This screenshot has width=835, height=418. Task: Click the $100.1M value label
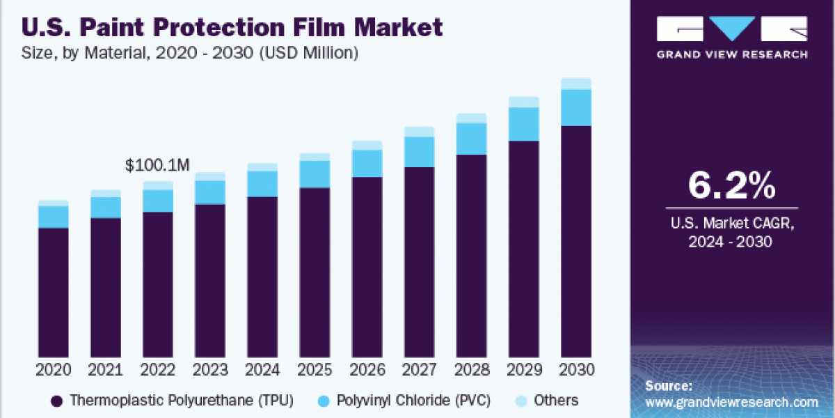click(x=157, y=165)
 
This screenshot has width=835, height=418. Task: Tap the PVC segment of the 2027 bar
click(x=419, y=152)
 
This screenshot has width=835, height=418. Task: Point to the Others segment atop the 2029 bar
click(x=523, y=102)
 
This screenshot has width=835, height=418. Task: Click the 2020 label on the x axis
click(x=53, y=369)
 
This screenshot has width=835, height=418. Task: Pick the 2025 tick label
click(x=315, y=369)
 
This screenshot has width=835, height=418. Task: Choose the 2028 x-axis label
click(x=471, y=369)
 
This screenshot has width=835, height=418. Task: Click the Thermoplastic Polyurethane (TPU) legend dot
click(x=57, y=401)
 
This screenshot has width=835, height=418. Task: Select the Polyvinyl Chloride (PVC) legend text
click(x=413, y=401)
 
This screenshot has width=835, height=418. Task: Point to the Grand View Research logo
click(x=732, y=36)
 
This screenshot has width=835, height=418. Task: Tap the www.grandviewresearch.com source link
click(x=731, y=402)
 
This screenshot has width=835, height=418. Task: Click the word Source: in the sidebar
click(x=668, y=385)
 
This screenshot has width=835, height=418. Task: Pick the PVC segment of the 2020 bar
click(x=53, y=217)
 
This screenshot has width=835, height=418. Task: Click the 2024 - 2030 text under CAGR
click(x=731, y=241)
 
